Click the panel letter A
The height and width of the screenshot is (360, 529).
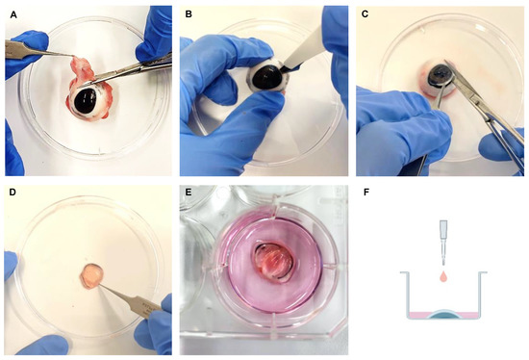pyautogui.click(x=13, y=14)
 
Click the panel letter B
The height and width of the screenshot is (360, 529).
pyautogui.click(x=189, y=14)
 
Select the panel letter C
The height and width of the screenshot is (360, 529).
pyautogui.click(x=365, y=14)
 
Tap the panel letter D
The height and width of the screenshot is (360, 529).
pyautogui.click(x=13, y=193)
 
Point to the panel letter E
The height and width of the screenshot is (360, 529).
pyautogui.click(x=189, y=193)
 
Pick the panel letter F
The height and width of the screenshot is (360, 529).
pyautogui.click(x=365, y=193)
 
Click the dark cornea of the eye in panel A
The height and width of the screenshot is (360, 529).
pyautogui.click(x=86, y=100)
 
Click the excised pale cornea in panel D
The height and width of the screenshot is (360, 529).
pyautogui.click(x=91, y=276)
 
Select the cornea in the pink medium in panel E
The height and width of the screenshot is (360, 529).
pyautogui.click(x=272, y=262)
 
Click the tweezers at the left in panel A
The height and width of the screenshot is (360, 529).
pyautogui.click(x=38, y=49)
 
